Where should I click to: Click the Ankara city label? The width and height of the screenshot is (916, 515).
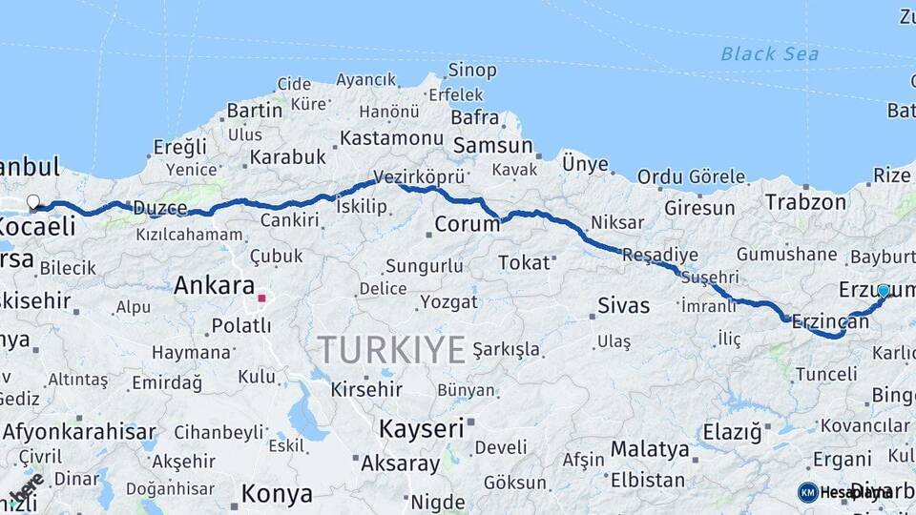pos(214,285)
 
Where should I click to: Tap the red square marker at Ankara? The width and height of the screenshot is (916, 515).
pos(261,298)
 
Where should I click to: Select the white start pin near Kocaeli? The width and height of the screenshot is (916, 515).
pos(33,202)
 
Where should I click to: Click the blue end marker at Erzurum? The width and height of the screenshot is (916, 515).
pos(884,291)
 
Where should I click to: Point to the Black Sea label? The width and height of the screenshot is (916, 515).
pos(769,54)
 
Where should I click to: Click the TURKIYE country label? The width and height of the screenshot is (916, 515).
pos(391,349)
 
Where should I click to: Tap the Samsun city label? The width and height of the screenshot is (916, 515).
pos(492,146)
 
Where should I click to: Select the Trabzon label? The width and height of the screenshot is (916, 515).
pos(805,202)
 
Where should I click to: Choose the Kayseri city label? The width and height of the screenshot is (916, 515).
pos(421,428)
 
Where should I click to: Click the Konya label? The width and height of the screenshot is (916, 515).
pos(277,494)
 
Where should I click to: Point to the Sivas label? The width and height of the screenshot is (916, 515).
pos(623,306)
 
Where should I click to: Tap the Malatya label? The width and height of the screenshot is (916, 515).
pos(650,448)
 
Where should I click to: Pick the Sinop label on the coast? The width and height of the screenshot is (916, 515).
pos(472,71)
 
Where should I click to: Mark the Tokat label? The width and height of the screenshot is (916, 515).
pos(524,262)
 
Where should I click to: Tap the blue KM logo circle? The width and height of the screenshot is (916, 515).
pos(808,492)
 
